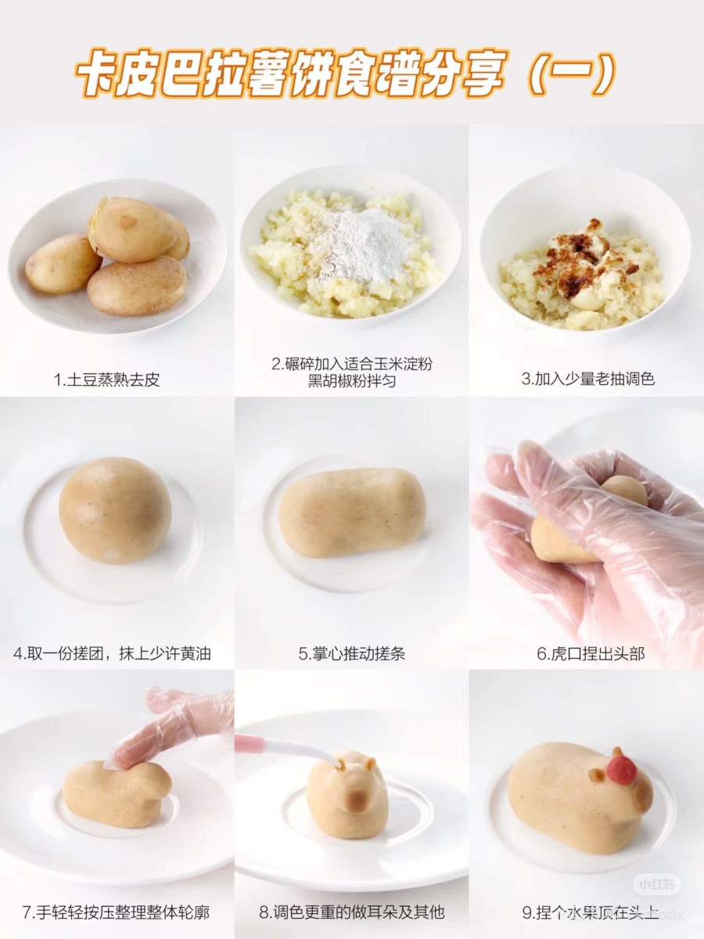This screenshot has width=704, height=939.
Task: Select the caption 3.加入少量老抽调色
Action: pyautogui.click(x=587, y=380)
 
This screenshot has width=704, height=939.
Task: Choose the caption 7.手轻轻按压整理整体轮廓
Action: pyautogui.click(x=116, y=912)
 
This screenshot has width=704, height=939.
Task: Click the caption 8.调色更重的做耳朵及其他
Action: pyautogui.click(x=352, y=912)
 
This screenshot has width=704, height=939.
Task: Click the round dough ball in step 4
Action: pyautogui.click(x=115, y=510)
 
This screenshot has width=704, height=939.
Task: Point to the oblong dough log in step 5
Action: pyautogui.click(x=352, y=513)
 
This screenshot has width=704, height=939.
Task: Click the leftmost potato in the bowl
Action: pyautogui.click(x=63, y=264)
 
